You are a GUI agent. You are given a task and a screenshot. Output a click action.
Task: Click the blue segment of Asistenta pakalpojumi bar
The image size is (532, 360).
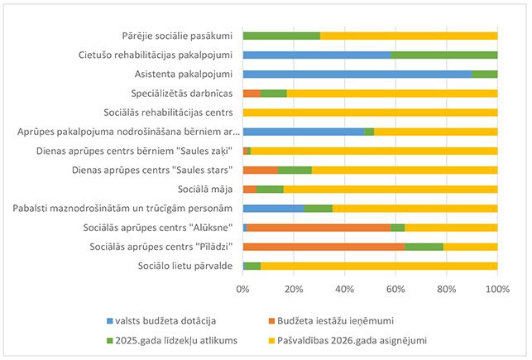click(356, 74)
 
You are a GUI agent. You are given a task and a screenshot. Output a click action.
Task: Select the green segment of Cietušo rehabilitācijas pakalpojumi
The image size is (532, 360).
click(443, 55)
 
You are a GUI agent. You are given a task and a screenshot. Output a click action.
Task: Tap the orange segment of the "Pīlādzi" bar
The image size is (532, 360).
click(323, 247)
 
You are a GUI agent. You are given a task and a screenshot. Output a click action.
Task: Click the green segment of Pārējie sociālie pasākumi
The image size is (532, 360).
click(281, 36)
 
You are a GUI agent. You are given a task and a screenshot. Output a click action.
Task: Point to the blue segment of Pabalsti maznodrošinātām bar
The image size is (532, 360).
click(273, 208)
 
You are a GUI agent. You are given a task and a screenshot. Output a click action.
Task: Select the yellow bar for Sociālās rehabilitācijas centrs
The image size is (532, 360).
click(370, 112)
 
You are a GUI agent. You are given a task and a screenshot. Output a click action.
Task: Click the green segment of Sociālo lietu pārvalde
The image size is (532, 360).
click(252, 266)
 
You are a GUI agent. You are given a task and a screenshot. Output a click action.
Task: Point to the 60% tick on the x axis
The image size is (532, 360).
click(395, 289)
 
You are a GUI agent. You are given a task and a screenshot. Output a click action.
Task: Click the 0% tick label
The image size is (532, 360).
click(242, 289)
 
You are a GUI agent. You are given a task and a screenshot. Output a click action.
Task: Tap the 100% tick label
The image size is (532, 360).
click(496, 289)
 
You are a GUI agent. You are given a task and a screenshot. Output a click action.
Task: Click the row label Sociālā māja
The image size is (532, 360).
click(207, 189)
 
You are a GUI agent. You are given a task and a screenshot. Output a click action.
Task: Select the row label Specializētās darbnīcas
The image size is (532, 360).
click(181, 93)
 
